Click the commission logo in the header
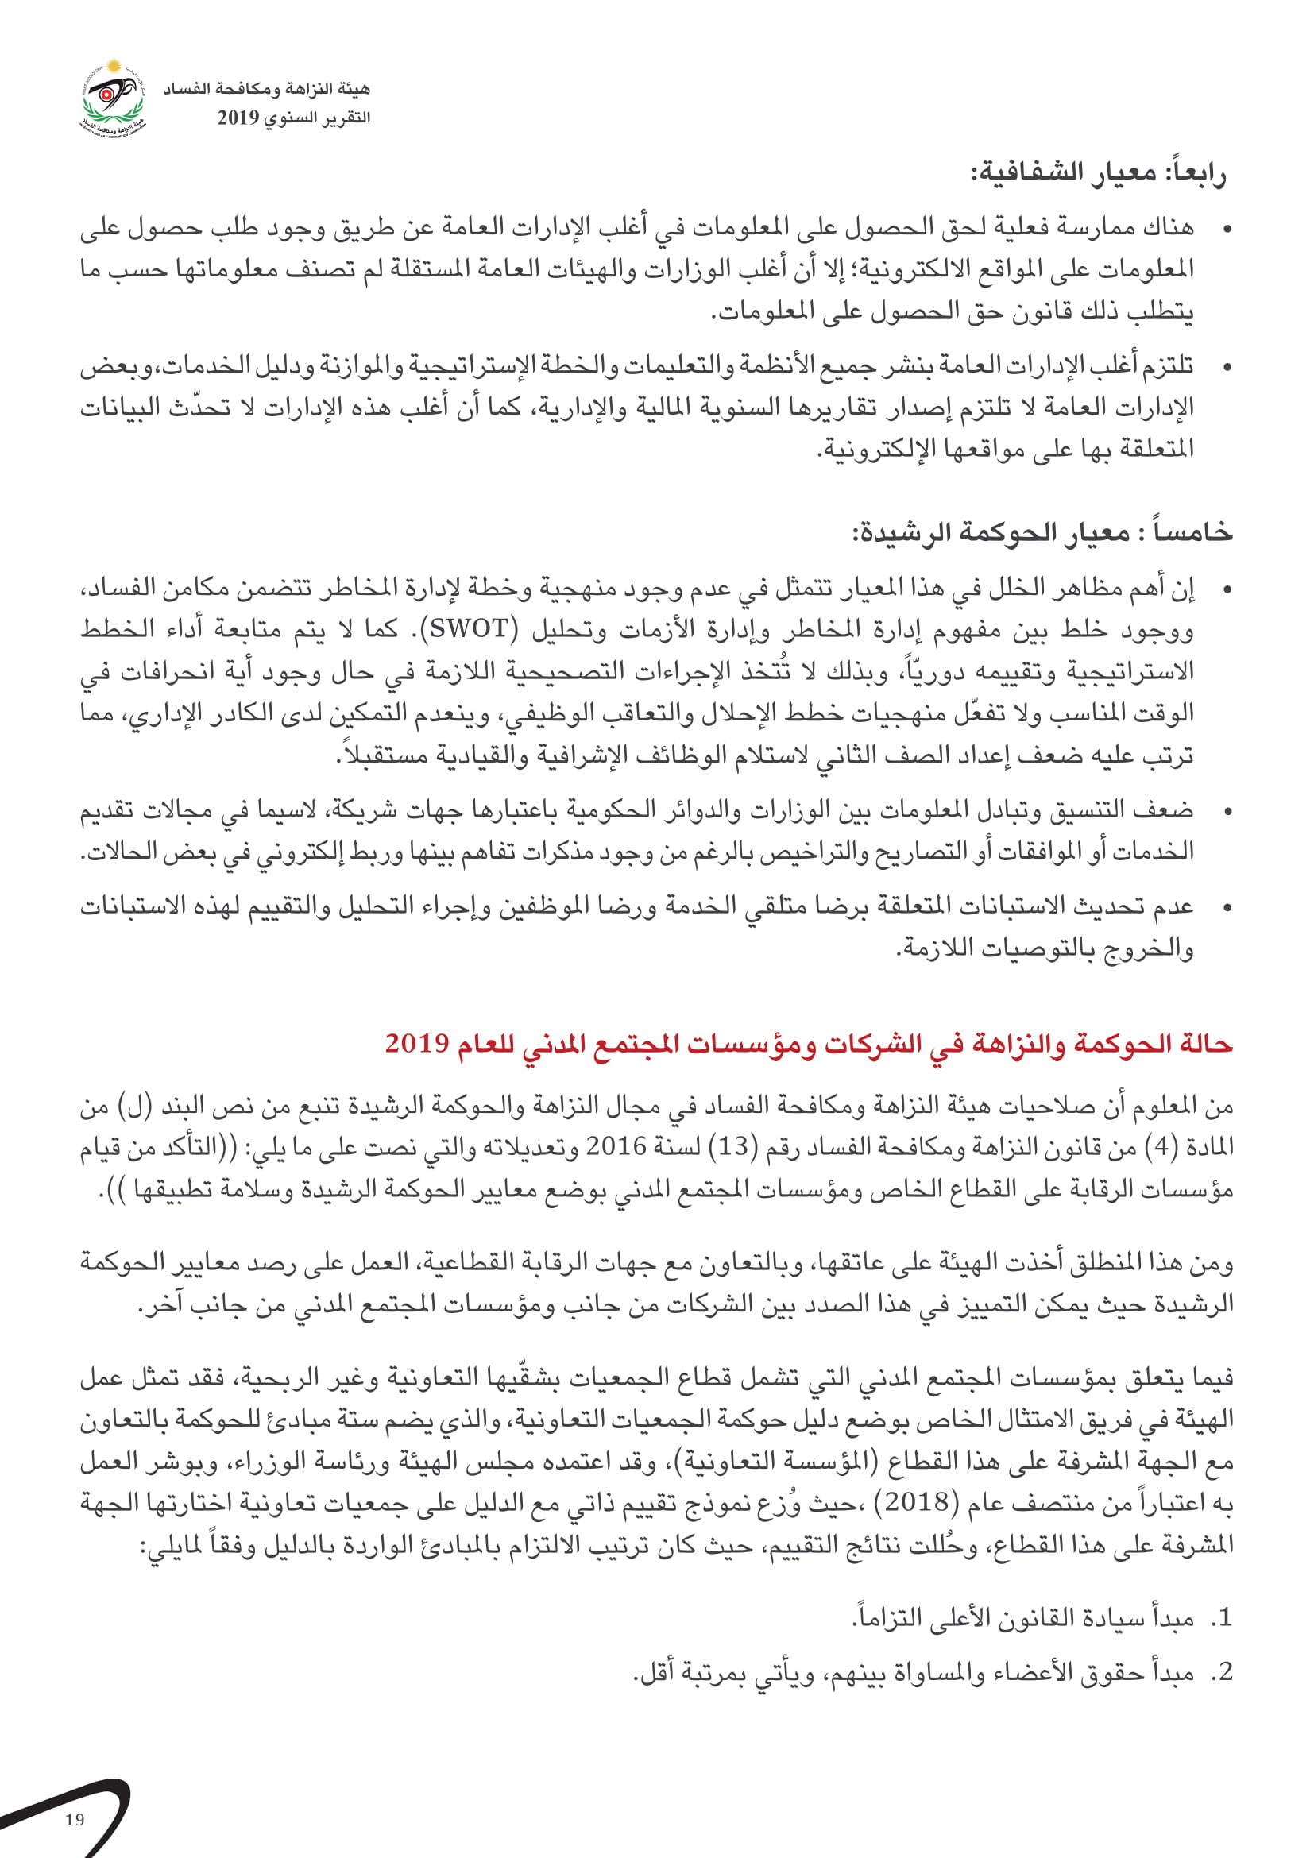pos(114,98)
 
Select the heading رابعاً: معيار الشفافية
pos(1098,172)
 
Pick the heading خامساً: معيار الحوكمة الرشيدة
pos(1042,532)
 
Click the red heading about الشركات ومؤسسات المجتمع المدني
pos(807,1043)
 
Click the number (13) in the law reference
pos(733,1146)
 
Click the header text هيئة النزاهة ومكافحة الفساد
pos(266,89)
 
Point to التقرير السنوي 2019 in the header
pos(293,118)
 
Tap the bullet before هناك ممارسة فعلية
pos(1227,230)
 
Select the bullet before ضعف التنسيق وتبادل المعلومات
pos(1227,811)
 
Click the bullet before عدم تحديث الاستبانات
pos(1227,908)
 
